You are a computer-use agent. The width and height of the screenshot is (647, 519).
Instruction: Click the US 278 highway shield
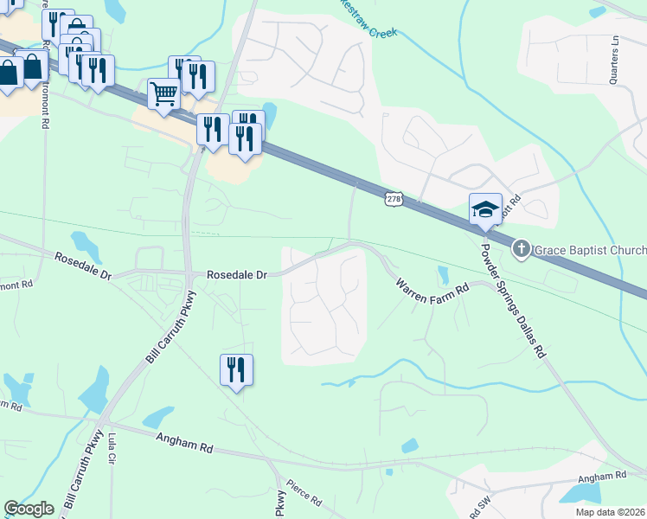tap(394, 199)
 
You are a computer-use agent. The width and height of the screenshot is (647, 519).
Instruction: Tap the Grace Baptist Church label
tap(589, 251)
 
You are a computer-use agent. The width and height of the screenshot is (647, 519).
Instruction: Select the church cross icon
tap(521, 249)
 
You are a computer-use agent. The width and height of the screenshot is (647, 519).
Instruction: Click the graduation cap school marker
tap(485, 208)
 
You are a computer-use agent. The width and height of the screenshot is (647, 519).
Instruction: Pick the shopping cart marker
tap(163, 93)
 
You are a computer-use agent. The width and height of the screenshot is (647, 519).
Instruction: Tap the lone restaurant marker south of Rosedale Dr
tap(236, 370)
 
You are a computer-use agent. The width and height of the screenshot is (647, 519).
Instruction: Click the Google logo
tap(29, 509)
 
